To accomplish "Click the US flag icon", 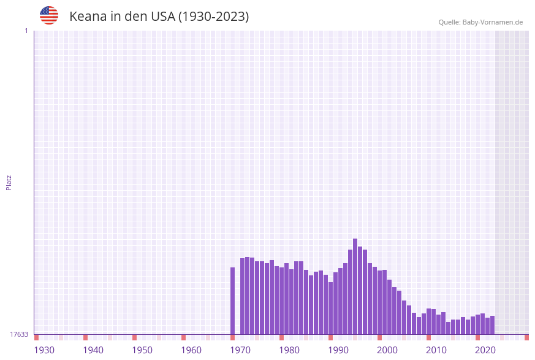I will pyautogui.click(x=49, y=15).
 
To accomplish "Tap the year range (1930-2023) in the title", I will pyautogui.click(x=213, y=17).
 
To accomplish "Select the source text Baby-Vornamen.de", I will pyautogui.click(x=493, y=22).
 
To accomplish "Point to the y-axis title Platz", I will pyautogui.click(x=9, y=182).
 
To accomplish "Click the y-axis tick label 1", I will pyautogui.click(x=26, y=31).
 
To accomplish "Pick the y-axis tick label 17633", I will pyautogui.click(x=19, y=334).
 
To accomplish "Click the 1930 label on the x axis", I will pyautogui.click(x=44, y=350).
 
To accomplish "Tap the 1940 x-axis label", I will pyautogui.click(x=93, y=350).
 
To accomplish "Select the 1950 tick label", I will pyautogui.click(x=142, y=350).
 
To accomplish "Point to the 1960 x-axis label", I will pyautogui.click(x=191, y=350).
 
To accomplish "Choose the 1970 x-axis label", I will pyautogui.click(x=240, y=350).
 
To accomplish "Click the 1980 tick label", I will pyautogui.click(x=289, y=350).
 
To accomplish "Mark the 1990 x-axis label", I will pyautogui.click(x=338, y=350).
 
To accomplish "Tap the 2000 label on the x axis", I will pyautogui.click(x=387, y=350).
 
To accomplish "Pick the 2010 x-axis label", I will pyautogui.click(x=436, y=350).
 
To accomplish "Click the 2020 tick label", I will pyautogui.click(x=485, y=350).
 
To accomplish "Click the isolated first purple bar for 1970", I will pyautogui.click(x=233, y=301).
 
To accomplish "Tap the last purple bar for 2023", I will pyautogui.click(x=492, y=325).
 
